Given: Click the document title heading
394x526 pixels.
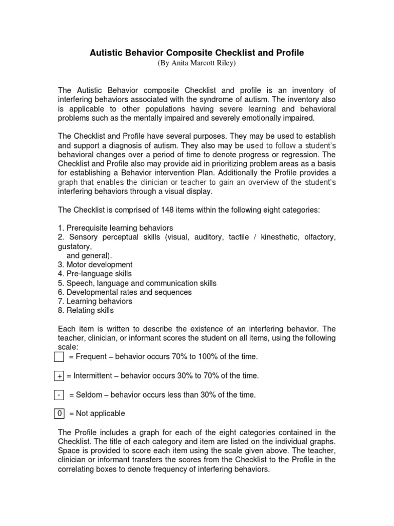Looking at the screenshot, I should point(197,53).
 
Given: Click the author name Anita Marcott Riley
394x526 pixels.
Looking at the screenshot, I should point(197,63).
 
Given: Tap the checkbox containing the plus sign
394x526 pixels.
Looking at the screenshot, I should point(59,376).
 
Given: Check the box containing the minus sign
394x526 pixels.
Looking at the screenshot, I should point(59,395).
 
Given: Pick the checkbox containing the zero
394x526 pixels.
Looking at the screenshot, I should point(59,414).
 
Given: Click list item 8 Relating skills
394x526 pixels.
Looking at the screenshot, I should point(86,311).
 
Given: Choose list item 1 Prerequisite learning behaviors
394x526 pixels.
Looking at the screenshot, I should point(115,228).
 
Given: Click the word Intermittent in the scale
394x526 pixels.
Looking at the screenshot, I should point(93,376).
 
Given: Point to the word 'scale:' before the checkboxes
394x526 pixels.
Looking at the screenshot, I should point(67,347).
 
